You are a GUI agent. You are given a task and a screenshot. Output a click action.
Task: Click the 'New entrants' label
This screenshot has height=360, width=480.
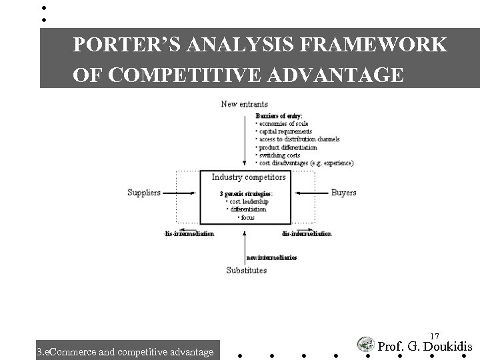245,104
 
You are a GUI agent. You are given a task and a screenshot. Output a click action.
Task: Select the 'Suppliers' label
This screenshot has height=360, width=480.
144,193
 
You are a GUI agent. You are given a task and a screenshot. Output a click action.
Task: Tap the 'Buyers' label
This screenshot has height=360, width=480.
343,193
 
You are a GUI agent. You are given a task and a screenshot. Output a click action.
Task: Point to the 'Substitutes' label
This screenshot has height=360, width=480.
246,270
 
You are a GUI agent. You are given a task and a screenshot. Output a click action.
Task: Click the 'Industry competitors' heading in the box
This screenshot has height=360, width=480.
249,177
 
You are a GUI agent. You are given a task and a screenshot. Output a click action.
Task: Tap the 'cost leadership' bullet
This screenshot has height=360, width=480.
247,201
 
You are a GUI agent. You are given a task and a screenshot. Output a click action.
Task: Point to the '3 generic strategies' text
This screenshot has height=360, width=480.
245,194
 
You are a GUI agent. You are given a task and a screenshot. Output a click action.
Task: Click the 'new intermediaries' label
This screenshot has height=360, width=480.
272,258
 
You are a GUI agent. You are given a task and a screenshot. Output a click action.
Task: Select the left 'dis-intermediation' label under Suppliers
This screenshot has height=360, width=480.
189,234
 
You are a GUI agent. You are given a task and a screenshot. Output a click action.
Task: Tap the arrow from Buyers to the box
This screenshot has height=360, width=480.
311,193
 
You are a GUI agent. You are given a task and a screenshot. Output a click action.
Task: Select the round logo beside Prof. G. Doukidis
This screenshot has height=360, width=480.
365,345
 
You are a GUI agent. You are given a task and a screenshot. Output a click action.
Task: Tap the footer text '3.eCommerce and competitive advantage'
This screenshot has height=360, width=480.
125,351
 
